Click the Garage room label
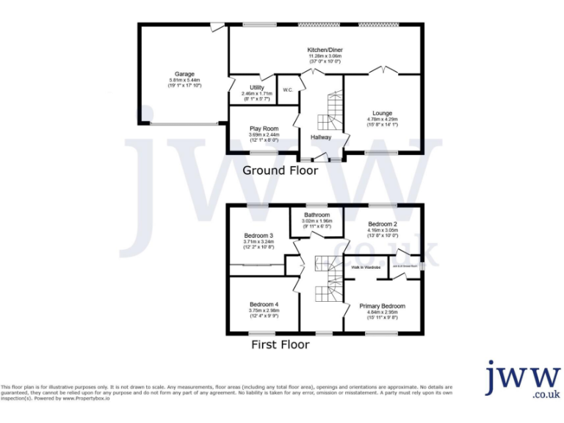(x=184, y=74)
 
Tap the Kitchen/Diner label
(x=325, y=50)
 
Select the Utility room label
(x=256, y=87)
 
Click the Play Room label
(x=264, y=129)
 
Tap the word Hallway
(x=321, y=137)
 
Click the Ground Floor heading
(x=281, y=170)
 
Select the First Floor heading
(x=281, y=344)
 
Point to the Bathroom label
(x=317, y=215)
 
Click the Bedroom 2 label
(x=383, y=224)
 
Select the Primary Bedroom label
(x=383, y=306)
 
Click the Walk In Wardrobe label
(x=366, y=269)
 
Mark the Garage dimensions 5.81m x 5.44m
(x=184, y=80)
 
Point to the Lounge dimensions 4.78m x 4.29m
(x=382, y=119)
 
